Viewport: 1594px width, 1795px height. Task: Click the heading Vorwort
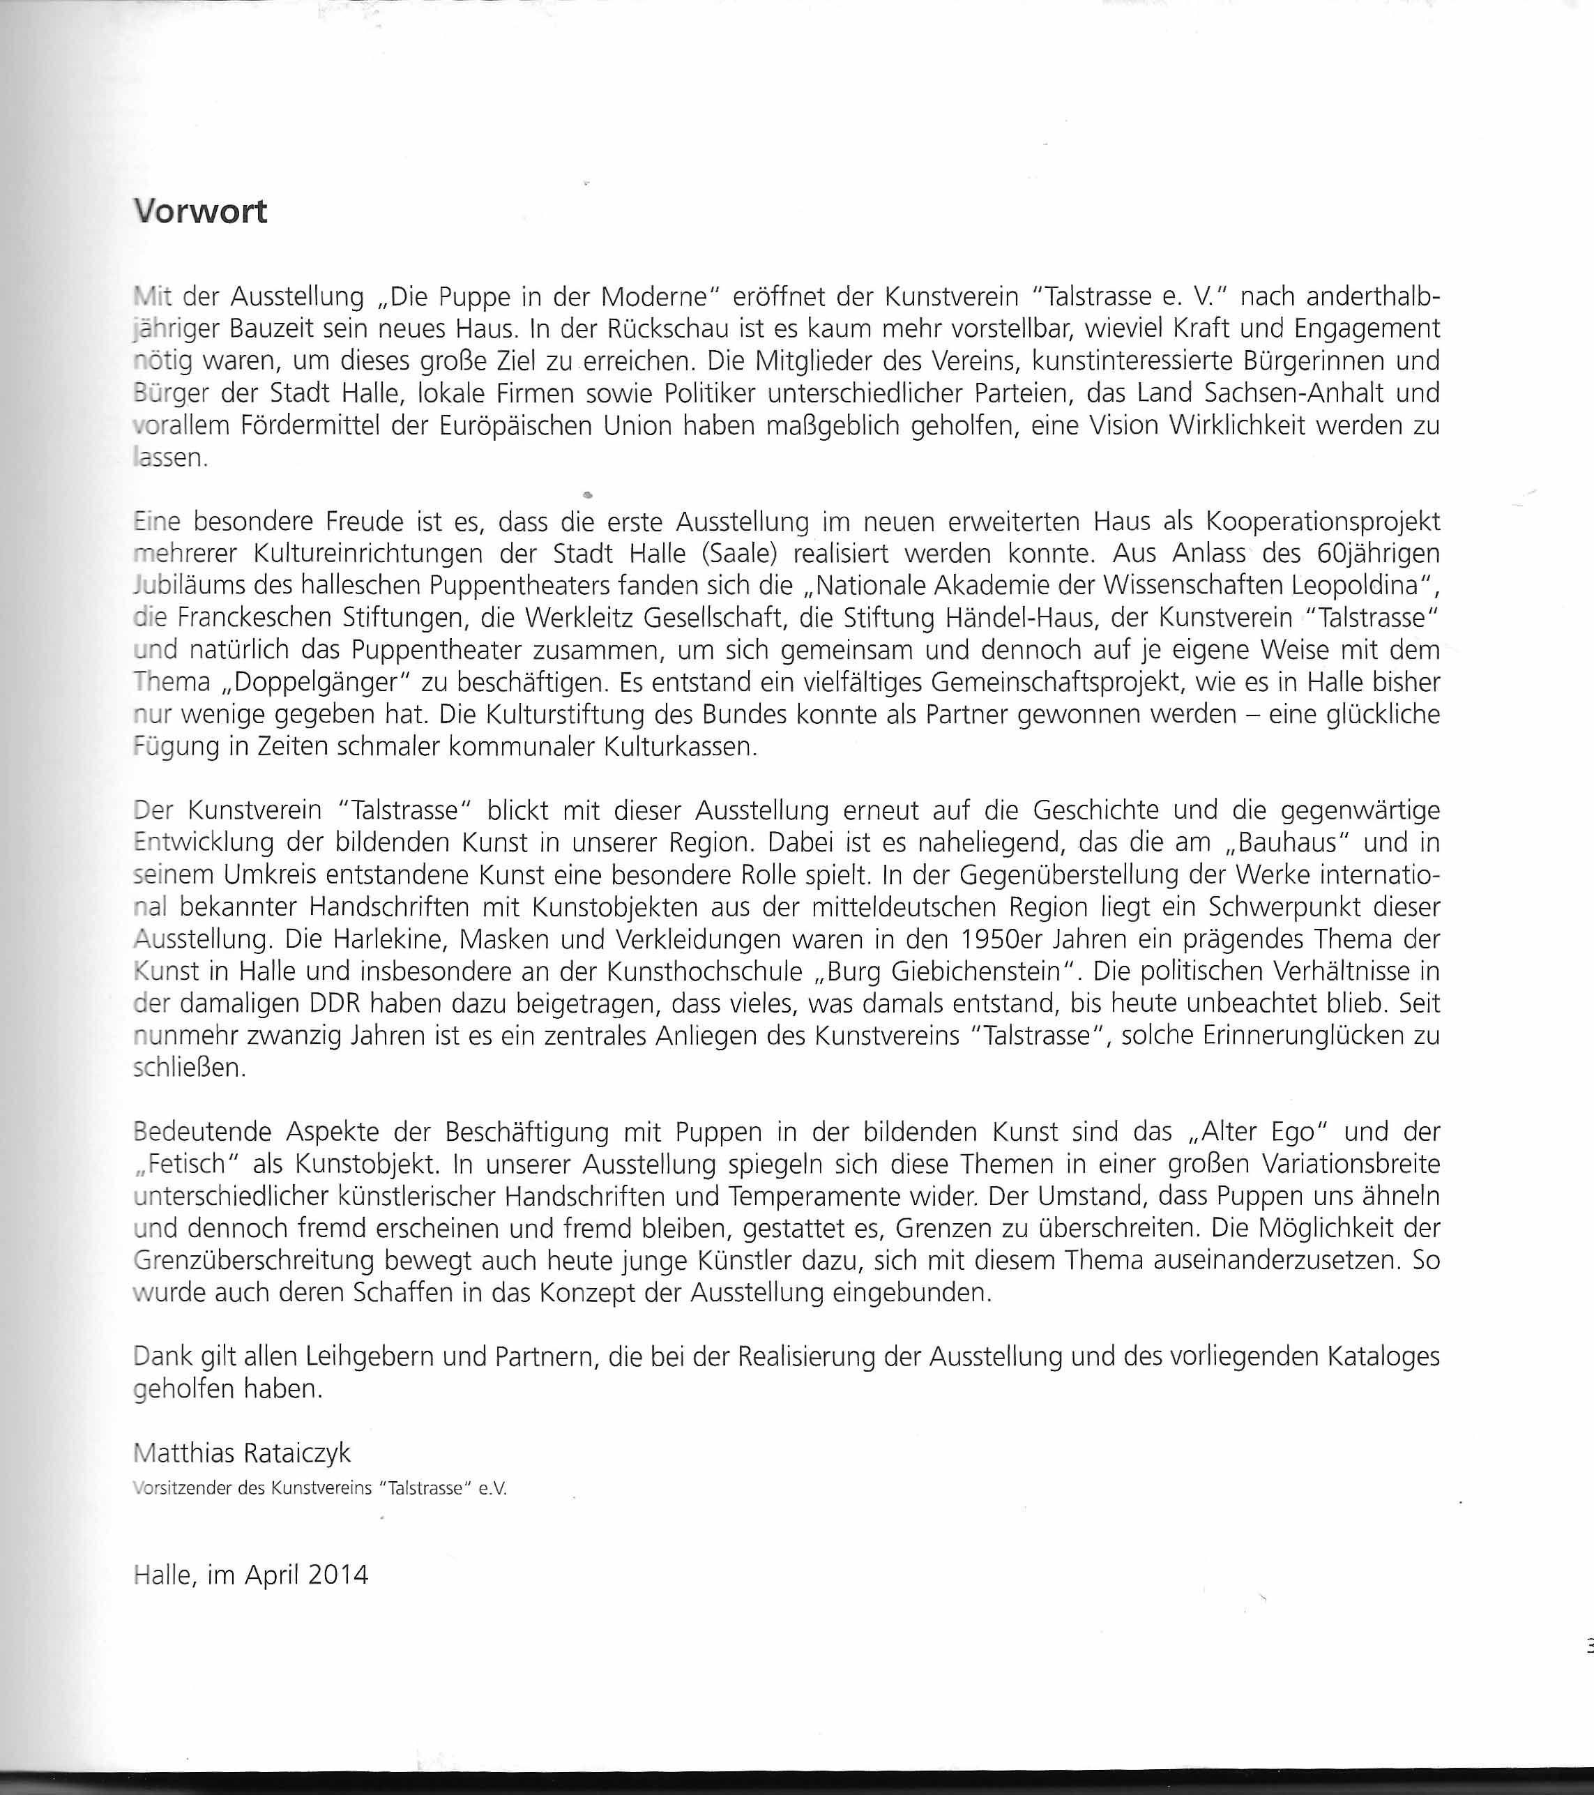[200, 211]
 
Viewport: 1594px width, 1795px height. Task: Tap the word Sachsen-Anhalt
[1254, 393]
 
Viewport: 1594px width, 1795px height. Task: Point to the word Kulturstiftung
[562, 714]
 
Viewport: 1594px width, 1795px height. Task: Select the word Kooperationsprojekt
[1323, 522]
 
